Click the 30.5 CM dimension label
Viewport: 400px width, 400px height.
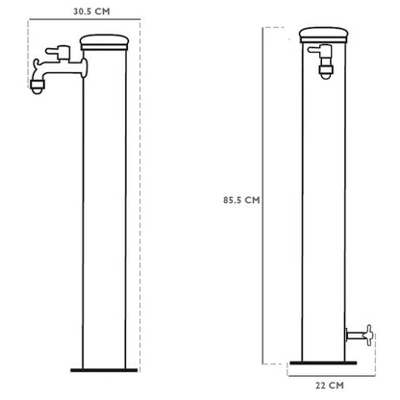click(91, 12)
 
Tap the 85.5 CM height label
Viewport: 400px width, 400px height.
click(241, 200)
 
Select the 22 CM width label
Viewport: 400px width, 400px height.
click(330, 386)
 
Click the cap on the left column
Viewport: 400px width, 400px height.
click(104, 42)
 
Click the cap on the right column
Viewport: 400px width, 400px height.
click(324, 36)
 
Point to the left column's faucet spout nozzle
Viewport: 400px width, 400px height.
click(37, 87)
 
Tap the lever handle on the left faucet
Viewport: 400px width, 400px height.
click(59, 53)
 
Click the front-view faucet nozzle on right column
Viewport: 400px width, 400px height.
click(326, 72)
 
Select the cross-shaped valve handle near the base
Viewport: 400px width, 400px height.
click(368, 336)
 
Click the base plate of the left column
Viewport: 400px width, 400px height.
click(104, 370)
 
